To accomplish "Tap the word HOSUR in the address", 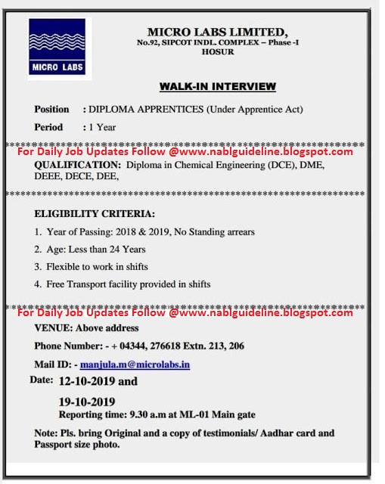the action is [x=217, y=52].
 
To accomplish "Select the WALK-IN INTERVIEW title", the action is [x=217, y=86].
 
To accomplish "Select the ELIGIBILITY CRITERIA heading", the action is [x=95, y=214].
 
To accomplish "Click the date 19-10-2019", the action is [x=87, y=402].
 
